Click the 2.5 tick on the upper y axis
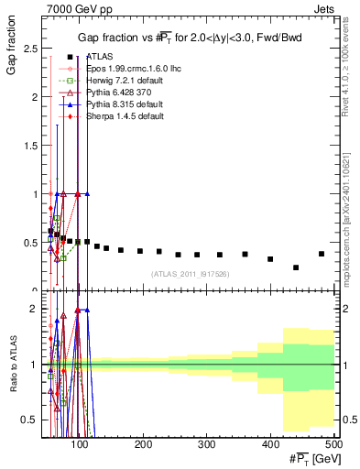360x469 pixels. click(x=36, y=48)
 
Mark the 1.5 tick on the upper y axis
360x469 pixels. click(x=36, y=145)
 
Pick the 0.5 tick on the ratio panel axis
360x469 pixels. click(x=36, y=420)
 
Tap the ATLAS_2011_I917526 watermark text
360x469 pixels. click(x=189, y=274)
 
